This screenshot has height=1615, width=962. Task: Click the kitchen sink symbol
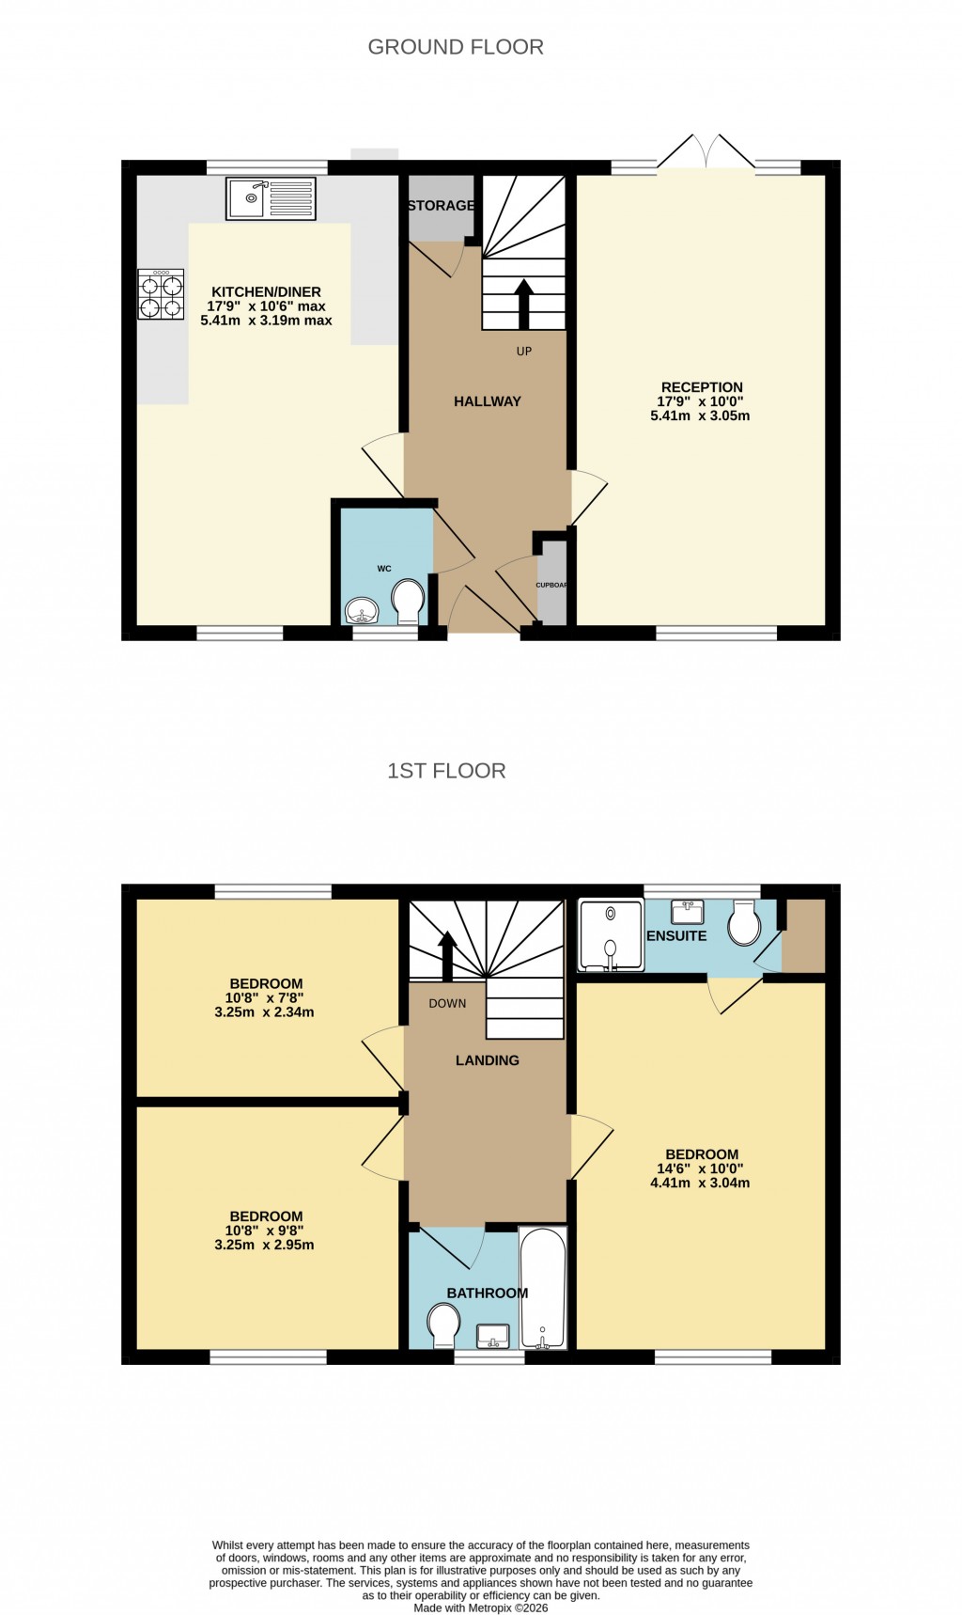click(x=271, y=198)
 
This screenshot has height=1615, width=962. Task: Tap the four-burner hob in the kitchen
click(x=161, y=295)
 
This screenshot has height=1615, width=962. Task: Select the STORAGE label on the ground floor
click(x=441, y=206)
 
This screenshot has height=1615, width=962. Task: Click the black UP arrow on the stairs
click(x=524, y=303)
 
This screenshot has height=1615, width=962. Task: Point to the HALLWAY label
click(x=487, y=401)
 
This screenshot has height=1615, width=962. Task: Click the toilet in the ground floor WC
click(x=408, y=601)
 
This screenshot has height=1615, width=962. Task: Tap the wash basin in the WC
click(x=362, y=612)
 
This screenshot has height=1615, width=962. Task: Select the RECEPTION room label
click(x=702, y=387)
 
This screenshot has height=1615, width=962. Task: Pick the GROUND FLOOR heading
click(x=456, y=47)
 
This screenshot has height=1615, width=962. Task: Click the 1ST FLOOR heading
click(x=446, y=771)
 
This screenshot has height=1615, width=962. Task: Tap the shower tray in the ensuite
click(x=611, y=935)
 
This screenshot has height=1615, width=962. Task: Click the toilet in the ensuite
click(x=745, y=925)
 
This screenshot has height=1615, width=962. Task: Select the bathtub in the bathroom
click(x=543, y=1288)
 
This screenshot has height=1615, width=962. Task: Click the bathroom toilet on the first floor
click(x=442, y=1325)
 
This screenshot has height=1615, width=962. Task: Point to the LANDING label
click(x=487, y=1060)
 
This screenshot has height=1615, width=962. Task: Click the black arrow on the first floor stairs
click(x=447, y=954)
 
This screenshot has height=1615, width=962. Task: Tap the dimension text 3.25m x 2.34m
click(x=264, y=1012)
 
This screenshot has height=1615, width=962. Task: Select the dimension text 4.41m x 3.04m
click(x=700, y=1183)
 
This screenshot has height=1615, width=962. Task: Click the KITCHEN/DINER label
click(x=266, y=292)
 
